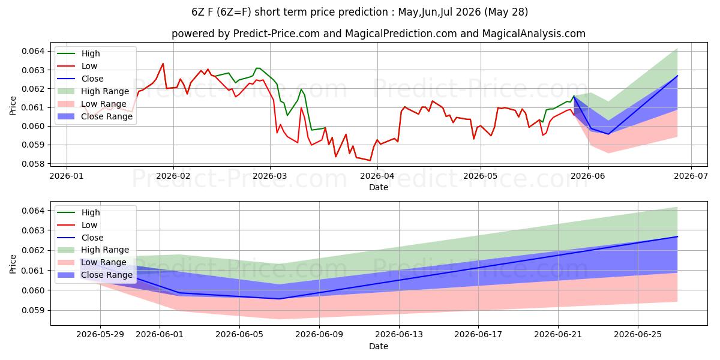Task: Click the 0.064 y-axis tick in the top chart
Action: (33, 51)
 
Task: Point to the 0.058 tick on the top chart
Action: (33, 164)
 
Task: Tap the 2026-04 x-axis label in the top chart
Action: (377, 176)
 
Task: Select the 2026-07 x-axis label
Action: (691, 176)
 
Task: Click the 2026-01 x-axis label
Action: (67, 176)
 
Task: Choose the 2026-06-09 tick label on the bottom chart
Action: (319, 335)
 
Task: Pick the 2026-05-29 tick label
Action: (100, 335)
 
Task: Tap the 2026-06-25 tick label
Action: (638, 335)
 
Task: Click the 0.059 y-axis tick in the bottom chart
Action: (33, 311)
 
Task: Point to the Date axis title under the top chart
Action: (379, 187)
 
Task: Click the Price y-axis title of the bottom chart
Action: (13, 264)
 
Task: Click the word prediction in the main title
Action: (364, 12)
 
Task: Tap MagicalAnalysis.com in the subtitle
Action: (533, 34)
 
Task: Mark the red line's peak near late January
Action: (163, 64)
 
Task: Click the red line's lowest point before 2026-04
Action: (370, 160)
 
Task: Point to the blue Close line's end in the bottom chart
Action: (677, 236)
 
